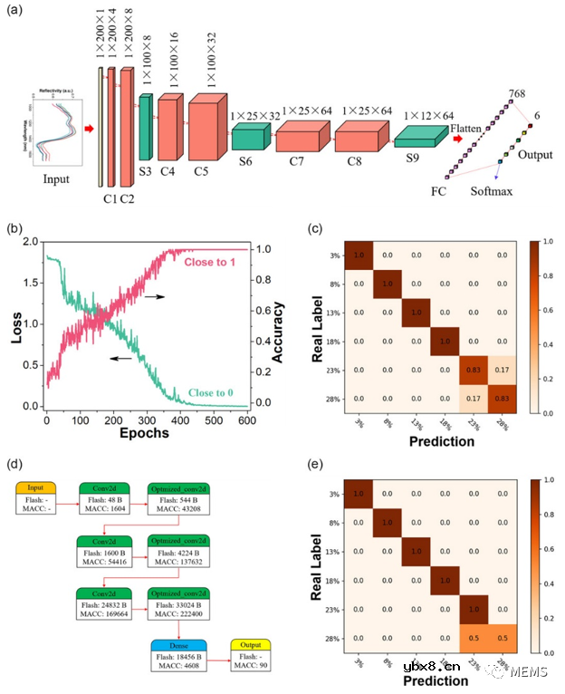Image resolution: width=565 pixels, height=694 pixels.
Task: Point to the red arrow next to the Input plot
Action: [x=89, y=129]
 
